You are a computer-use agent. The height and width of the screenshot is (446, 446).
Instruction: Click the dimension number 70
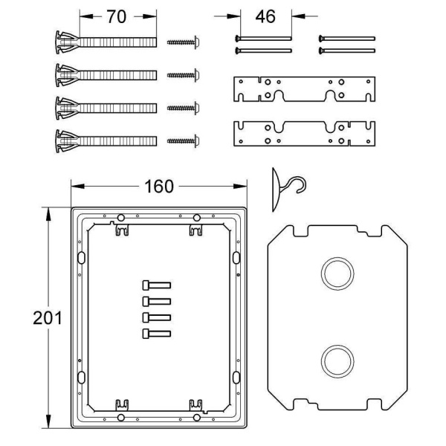(x=117, y=17)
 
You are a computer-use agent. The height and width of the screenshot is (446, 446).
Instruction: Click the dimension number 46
(x=265, y=16)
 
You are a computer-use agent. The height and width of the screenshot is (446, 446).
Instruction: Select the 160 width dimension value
(x=159, y=187)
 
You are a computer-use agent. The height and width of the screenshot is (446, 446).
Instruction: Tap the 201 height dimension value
(x=48, y=317)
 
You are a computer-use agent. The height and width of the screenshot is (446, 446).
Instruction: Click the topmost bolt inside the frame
(x=156, y=285)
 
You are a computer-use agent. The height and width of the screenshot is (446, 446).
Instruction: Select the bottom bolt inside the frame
(x=156, y=334)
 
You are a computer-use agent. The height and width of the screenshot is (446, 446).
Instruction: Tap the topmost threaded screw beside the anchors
(x=183, y=42)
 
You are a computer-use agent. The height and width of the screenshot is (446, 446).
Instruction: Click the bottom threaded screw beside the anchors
(x=183, y=141)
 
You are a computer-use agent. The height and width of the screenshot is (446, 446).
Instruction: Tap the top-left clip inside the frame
(x=122, y=230)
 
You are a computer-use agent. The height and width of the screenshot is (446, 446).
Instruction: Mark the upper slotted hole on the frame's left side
(x=81, y=258)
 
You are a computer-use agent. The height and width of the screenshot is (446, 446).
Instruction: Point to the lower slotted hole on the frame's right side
(x=236, y=377)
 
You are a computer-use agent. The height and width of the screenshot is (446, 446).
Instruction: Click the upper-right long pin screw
(x=346, y=39)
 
